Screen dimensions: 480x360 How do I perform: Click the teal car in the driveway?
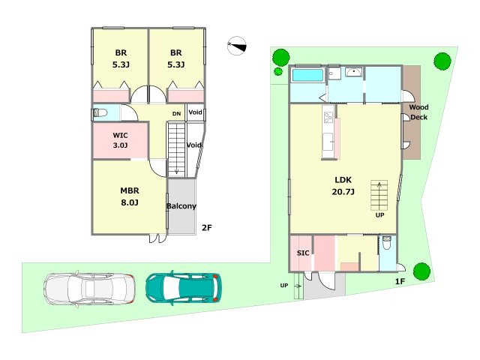(x=183, y=288)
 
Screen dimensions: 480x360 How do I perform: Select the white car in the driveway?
(x=89, y=289)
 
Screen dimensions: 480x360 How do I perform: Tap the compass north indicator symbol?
(x=237, y=46)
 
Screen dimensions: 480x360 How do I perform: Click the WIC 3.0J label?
(x=120, y=140)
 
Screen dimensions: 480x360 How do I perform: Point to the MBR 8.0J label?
(x=130, y=196)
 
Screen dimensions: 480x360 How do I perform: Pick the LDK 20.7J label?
(x=343, y=186)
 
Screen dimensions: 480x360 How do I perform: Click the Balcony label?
(x=181, y=206)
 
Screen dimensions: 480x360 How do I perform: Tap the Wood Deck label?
(x=418, y=112)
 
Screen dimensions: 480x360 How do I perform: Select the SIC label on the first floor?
(x=303, y=253)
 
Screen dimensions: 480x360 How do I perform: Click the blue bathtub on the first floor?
(x=307, y=75)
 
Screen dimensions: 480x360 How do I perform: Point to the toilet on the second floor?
(x=100, y=113)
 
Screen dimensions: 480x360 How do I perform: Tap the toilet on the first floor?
(x=387, y=243)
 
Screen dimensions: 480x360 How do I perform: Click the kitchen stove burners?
(x=328, y=118)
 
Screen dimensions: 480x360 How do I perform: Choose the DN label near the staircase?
(x=177, y=114)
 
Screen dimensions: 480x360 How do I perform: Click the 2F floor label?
(x=207, y=228)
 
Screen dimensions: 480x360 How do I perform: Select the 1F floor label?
(x=400, y=281)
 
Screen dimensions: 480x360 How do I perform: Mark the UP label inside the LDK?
(x=380, y=215)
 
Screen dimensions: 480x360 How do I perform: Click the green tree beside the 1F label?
(x=421, y=271)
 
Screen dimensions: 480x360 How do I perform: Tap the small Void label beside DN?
(x=195, y=112)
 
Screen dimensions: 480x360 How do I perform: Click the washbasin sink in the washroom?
(x=353, y=72)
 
